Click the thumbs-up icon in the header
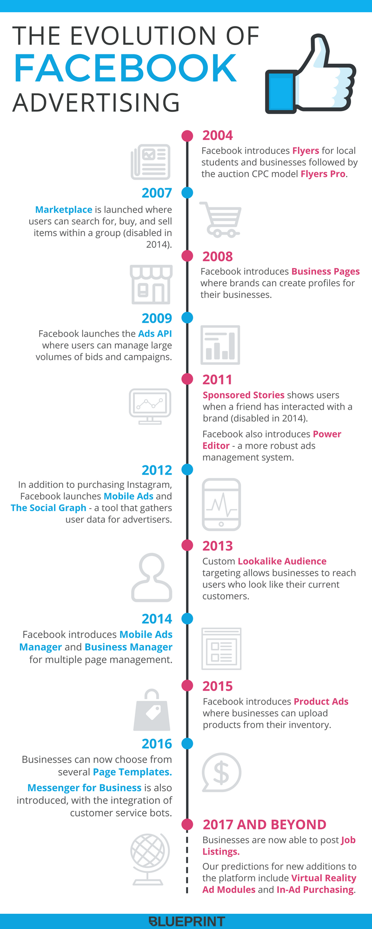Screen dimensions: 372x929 click(310, 74)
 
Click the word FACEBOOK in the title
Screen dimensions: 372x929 click(126, 68)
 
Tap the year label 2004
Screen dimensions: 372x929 click(217, 135)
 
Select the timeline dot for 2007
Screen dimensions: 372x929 click(187, 192)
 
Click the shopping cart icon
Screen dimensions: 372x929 click(221, 219)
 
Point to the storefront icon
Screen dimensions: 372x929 click(151, 284)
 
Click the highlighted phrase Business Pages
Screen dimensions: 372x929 click(325, 271)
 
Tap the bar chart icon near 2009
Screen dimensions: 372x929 click(220, 345)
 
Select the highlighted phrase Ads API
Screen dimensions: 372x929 click(155, 334)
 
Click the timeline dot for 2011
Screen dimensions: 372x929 click(187, 379)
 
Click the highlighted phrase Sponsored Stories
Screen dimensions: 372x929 click(243, 395)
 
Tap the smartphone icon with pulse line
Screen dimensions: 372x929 click(221, 504)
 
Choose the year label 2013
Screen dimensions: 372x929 click(217, 546)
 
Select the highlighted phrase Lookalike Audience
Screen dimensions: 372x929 click(282, 561)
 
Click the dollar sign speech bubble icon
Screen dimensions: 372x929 click(221, 772)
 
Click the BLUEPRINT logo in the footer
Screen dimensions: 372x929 click(187, 921)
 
